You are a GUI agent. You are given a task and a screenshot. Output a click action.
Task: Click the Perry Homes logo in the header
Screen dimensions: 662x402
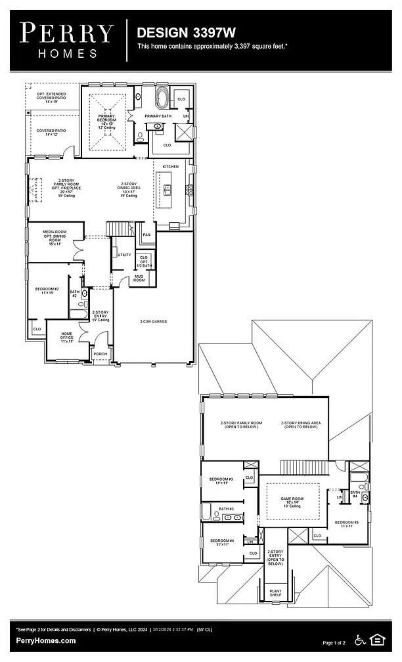(x=66, y=40)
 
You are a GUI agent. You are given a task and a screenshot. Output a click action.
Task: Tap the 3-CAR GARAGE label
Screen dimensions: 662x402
(x=152, y=322)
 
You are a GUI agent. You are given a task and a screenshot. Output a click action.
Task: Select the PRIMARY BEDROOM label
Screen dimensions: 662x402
(x=107, y=119)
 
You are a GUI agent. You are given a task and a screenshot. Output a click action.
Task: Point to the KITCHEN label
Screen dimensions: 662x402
(x=171, y=167)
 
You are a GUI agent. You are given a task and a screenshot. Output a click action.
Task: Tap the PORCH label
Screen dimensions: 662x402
(x=100, y=354)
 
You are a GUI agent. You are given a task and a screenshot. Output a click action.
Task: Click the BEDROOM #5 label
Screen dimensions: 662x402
(x=346, y=524)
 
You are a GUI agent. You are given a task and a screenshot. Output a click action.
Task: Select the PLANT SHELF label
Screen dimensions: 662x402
(x=276, y=593)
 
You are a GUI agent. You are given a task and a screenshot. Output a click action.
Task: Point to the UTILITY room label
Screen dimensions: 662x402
(x=124, y=255)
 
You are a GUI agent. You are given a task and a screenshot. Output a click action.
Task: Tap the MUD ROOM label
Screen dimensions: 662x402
(x=139, y=278)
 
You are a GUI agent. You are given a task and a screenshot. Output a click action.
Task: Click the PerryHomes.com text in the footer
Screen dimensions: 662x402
(x=46, y=640)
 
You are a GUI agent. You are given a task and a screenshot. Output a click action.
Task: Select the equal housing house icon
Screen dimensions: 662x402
(x=378, y=639)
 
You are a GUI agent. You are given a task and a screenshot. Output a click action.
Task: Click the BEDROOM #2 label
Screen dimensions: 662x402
(x=47, y=290)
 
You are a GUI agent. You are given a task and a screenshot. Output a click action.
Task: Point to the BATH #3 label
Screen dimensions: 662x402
(x=227, y=509)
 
